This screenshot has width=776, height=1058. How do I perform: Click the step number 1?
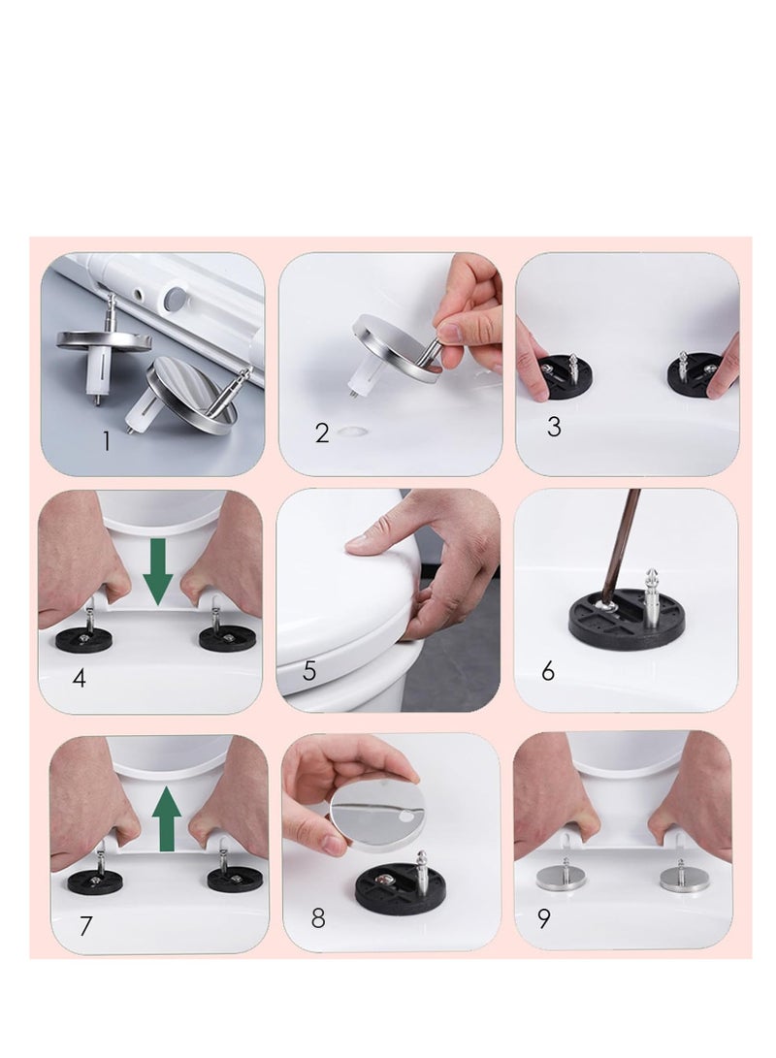[x=106, y=440]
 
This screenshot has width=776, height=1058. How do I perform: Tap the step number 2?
[x=322, y=433]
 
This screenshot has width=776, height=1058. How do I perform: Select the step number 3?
[x=554, y=427]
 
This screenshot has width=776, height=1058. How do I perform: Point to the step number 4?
[x=79, y=678]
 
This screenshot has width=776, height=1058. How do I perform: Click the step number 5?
[x=309, y=671]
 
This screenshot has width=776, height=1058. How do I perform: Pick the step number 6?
[x=548, y=671]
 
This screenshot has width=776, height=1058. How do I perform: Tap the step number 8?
[x=318, y=918]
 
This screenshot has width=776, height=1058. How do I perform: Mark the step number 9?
[x=544, y=918]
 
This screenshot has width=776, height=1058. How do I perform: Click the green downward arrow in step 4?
[x=158, y=571]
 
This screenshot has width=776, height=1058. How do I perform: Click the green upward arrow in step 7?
[x=167, y=819]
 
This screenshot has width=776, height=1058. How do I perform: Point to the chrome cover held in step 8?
[x=378, y=816]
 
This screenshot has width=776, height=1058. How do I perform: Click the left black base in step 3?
[x=565, y=376]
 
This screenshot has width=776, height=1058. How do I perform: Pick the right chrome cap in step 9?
[x=681, y=878]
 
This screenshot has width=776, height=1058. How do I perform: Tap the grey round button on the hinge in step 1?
[x=177, y=298]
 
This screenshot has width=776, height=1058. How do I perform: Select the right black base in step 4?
[x=227, y=638]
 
